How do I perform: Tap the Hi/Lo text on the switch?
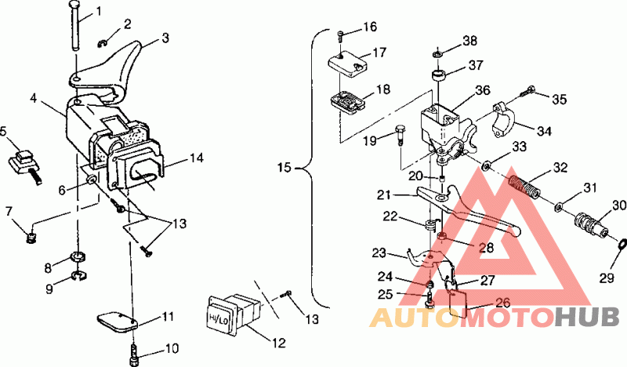pyautogui.click(x=218, y=319)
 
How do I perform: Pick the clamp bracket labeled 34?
pyautogui.click(x=503, y=120)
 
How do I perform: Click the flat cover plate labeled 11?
pyautogui.click(x=117, y=322)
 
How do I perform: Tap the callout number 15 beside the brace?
pyautogui.click(x=285, y=167)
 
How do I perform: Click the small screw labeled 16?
pyautogui.click(x=341, y=36)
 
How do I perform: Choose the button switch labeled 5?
pyautogui.click(x=25, y=165)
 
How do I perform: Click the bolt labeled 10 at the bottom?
pyautogui.click(x=134, y=354)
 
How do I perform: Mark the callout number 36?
pyautogui.click(x=483, y=91)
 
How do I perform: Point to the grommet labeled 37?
pyautogui.click(x=439, y=74)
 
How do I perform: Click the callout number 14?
pyautogui.click(x=197, y=158)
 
